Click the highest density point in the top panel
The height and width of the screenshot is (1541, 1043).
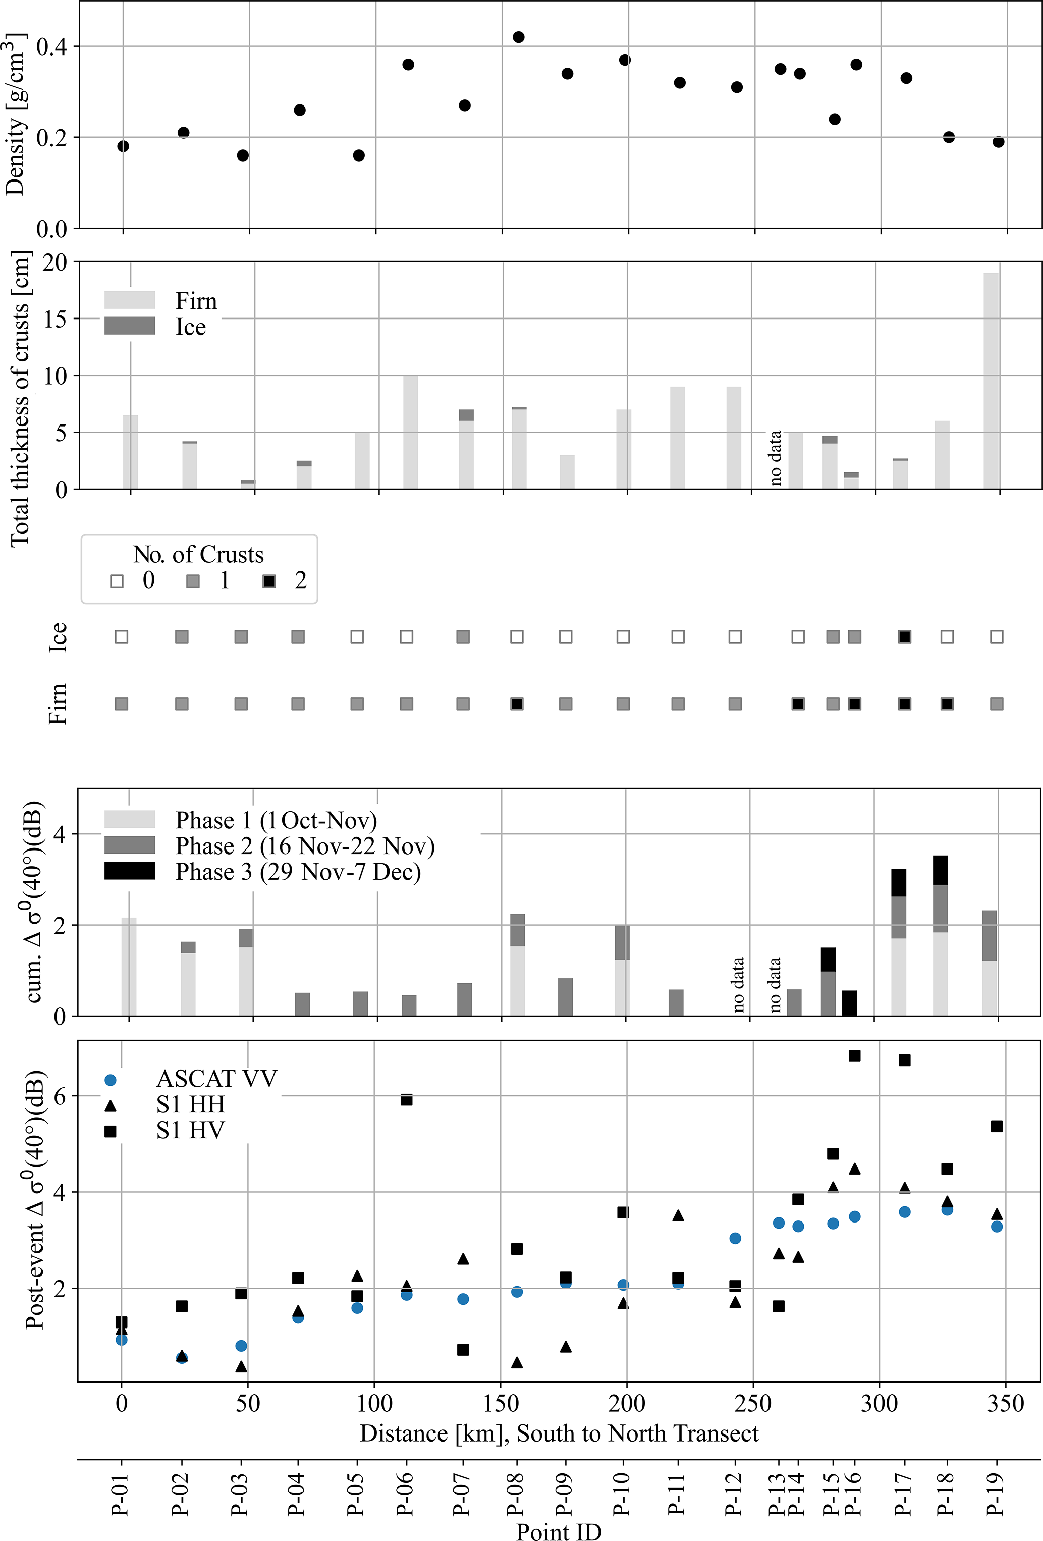(x=519, y=37)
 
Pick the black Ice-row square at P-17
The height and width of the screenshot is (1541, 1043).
(x=904, y=636)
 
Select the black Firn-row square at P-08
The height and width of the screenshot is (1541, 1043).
(x=517, y=704)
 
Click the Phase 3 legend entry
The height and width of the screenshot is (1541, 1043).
(x=297, y=871)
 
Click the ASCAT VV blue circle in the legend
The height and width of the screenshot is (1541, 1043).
(x=111, y=1080)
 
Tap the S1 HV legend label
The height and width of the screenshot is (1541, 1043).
(x=190, y=1130)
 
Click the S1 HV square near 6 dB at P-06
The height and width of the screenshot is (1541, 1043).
(x=407, y=1099)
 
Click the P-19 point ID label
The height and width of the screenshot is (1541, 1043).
(x=995, y=1493)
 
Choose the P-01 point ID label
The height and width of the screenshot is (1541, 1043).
(x=121, y=1493)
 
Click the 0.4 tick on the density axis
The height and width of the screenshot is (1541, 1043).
(x=51, y=47)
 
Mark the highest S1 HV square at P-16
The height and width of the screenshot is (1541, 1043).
(x=855, y=1055)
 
